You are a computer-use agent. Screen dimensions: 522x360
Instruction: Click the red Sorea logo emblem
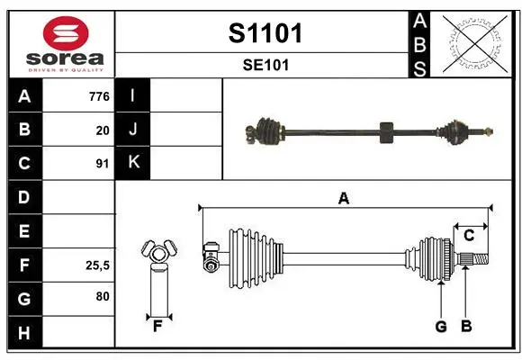66,33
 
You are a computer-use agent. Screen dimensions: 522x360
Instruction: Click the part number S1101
265,33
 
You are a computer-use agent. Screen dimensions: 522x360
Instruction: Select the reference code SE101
265,65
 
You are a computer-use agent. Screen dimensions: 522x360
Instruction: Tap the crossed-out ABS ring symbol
475,43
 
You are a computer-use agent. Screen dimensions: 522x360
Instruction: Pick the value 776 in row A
99,96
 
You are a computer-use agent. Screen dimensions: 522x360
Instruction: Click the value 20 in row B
103,130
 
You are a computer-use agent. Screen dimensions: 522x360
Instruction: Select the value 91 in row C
103,164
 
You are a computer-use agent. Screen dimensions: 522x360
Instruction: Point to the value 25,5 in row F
97,265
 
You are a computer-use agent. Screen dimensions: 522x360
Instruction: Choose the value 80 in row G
103,296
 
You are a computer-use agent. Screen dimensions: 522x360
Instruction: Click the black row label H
24,332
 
